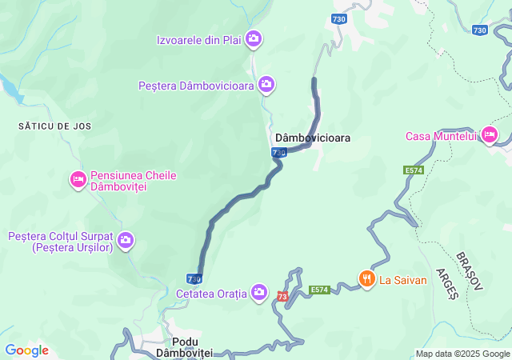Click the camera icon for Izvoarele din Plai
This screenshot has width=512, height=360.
tap(254, 38)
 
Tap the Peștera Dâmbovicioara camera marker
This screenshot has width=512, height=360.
tap(266, 84)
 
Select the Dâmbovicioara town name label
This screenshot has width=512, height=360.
tap(312, 138)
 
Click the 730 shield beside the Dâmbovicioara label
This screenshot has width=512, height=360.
tap(278, 152)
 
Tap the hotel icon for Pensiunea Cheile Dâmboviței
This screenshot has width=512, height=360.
tap(78, 179)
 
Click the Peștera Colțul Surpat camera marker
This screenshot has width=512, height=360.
tap(126, 239)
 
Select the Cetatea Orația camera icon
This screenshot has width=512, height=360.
tap(259, 292)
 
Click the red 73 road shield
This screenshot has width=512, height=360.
tap(282, 297)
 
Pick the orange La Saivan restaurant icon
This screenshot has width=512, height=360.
tap(367, 278)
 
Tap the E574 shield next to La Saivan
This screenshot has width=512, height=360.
tap(319, 289)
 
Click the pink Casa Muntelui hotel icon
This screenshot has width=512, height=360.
tap(489, 135)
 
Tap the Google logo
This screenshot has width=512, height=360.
tap(26, 350)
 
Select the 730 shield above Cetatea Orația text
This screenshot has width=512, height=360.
tap(194, 278)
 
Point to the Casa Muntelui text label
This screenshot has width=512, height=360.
tap(441, 136)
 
